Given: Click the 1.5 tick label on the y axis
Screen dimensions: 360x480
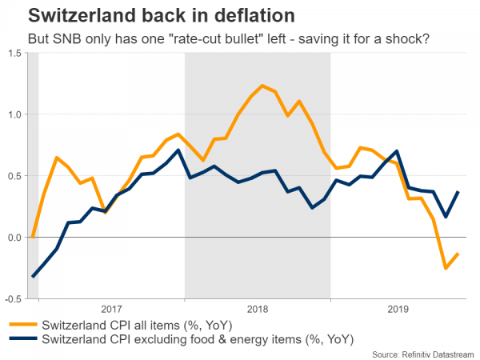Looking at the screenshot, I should click(14, 54).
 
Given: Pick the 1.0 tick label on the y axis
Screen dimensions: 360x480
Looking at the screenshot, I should click(14, 114).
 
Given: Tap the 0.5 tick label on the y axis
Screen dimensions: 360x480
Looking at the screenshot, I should click(14, 176).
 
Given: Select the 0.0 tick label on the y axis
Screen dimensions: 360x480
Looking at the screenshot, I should click(14, 238).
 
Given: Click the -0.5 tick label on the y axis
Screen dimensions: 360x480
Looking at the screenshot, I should click(13, 298).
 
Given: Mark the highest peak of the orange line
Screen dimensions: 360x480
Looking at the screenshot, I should click(262, 85).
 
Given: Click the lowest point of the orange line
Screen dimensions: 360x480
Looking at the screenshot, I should click(446, 269).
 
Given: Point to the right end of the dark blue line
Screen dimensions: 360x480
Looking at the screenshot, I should click(458, 192).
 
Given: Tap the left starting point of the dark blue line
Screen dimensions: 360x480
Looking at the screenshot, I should click(33, 277).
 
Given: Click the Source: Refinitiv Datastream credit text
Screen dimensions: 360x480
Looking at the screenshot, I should click(423, 353).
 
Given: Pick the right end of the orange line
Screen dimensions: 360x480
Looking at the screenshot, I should click(458, 254).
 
